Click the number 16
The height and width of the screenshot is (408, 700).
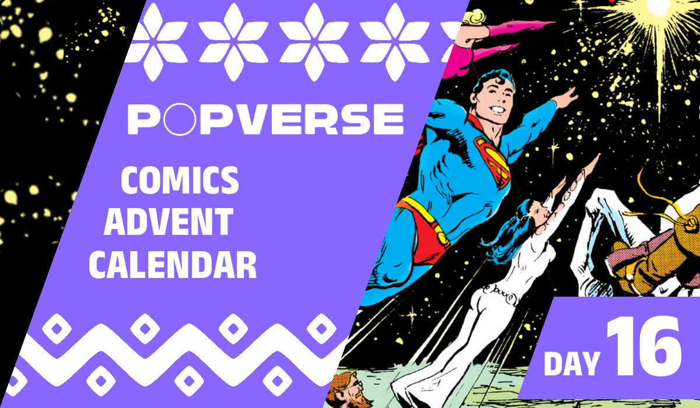[643, 349]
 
